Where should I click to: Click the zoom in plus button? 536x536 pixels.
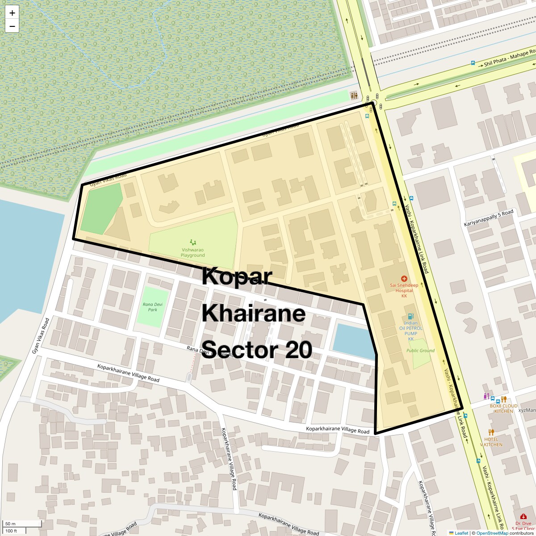click(x=12, y=13)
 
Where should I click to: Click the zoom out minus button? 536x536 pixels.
click(x=12, y=26)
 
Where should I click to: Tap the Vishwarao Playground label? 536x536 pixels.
click(x=193, y=252)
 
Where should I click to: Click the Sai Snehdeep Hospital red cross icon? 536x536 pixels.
click(x=404, y=279)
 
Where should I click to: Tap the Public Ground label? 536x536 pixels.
click(x=420, y=351)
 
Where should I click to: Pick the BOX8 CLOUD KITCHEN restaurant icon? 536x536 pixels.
click(x=503, y=399)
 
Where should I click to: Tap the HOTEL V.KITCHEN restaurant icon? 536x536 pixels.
click(x=491, y=432)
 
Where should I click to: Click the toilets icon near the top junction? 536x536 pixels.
click(x=354, y=96)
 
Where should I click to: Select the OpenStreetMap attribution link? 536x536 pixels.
click(x=492, y=533)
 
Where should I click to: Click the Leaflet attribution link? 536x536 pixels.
click(x=461, y=533)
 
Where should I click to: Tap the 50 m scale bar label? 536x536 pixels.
click(x=10, y=523)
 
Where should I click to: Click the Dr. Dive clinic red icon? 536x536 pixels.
click(x=523, y=517)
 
